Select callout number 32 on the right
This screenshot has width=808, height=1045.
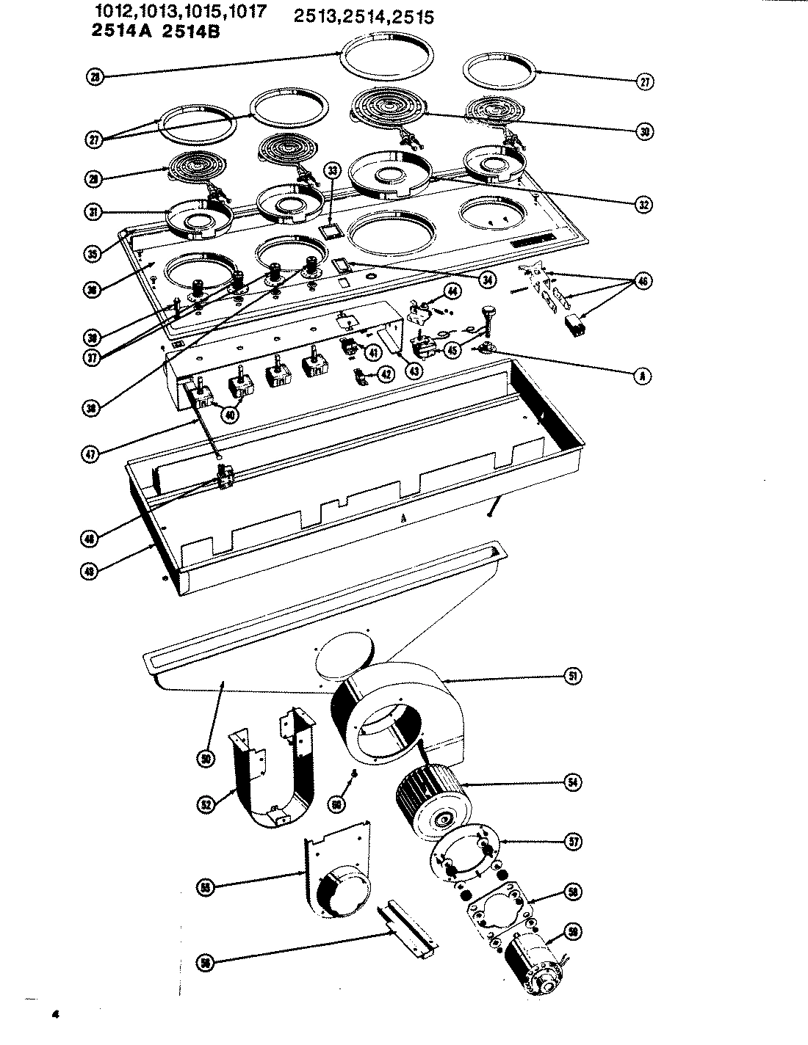tap(645, 205)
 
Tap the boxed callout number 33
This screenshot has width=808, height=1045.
tap(333, 170)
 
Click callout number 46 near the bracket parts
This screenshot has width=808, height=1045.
tap(643, 280)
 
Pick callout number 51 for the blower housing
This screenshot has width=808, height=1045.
tap(571, 676)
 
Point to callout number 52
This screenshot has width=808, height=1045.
tap(206, 805)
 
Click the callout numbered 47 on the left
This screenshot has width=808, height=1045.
tap(90, 453)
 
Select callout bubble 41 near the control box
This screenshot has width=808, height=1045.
tap(373, 352)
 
